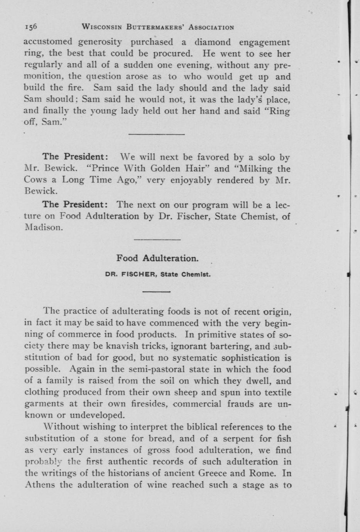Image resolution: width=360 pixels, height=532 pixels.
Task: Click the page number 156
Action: pyautogui.click(x=30, y=27)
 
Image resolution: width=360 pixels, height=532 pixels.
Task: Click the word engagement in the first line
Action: pyautogui.click(x=264, y=42)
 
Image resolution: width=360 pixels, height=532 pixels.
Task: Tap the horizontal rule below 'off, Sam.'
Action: pyautogui.click(x=156, y=134)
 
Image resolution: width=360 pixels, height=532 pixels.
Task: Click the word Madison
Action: pyautogui.click(x=43, y=227)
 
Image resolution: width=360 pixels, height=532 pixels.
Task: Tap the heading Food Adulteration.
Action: pyautogui.click(x=157, y=258)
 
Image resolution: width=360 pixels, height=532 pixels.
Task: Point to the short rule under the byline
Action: pyautogui.click(x=156, y=291)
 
